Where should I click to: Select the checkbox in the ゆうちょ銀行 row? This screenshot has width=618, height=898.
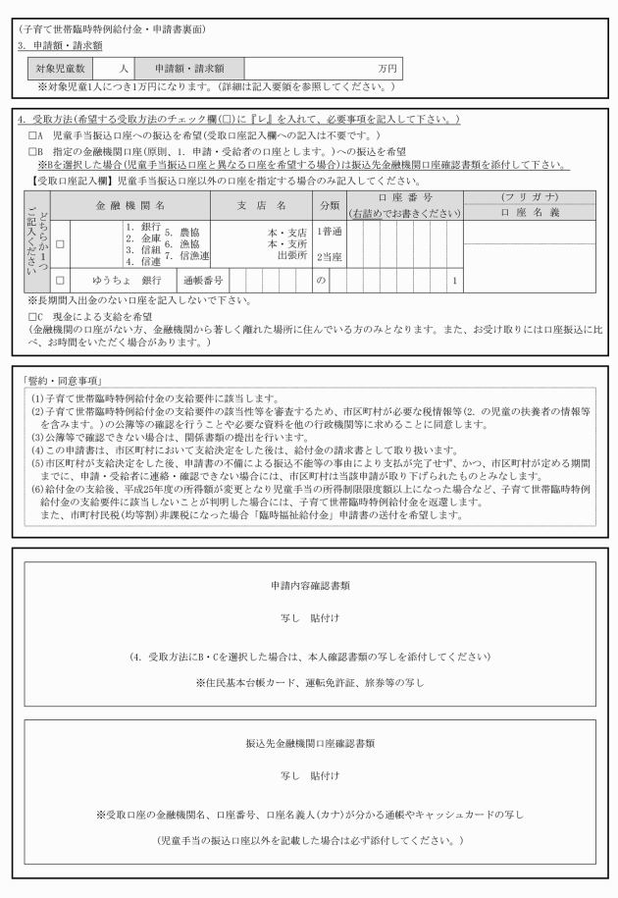click(62, 280)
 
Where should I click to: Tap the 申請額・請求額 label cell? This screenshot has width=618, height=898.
click(189, 69)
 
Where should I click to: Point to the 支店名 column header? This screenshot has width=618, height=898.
click(262, 206)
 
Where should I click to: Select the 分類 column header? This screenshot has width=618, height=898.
click(330, 206)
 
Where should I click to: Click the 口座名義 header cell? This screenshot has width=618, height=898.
click(529, 213)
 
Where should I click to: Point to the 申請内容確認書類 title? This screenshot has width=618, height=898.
click(309, 585)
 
